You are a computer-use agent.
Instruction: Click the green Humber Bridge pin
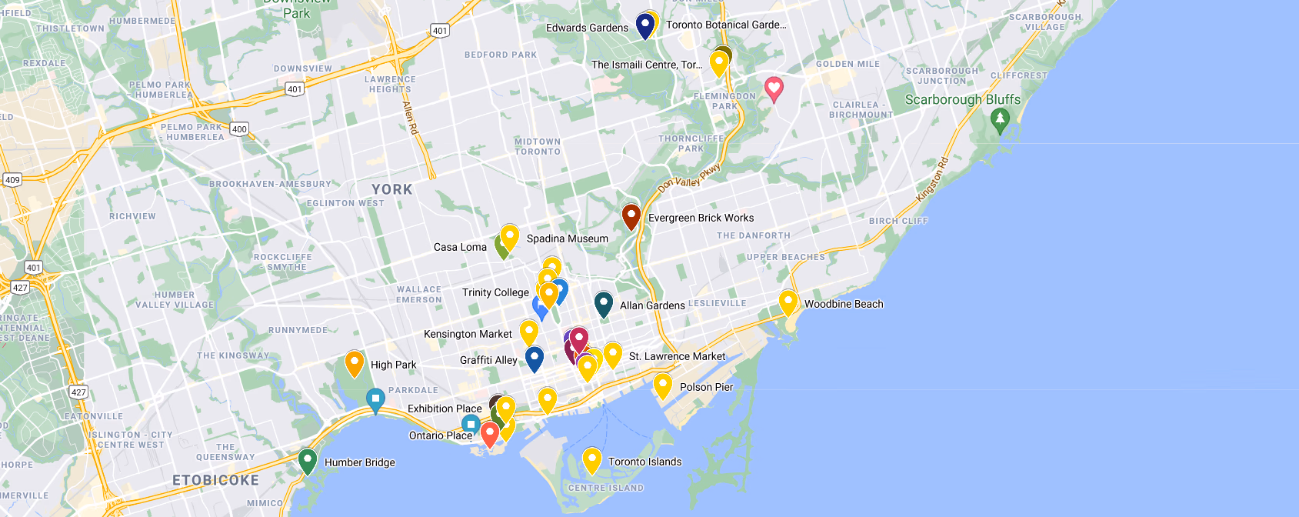point(308,460)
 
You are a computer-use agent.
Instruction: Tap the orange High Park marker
point(354,362)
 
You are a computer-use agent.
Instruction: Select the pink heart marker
point(774,88)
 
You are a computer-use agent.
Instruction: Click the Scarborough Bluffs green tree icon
point(1000,119)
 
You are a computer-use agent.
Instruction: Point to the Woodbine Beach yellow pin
point(788,302)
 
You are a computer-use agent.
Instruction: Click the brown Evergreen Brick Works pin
point(631,215)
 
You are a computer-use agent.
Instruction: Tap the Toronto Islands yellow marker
point(591,459)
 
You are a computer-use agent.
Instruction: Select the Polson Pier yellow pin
point(663,385)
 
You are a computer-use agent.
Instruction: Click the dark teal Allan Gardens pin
point(604,303)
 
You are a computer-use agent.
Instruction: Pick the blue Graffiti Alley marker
point(535,358)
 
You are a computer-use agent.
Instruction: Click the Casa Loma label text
point(460,247)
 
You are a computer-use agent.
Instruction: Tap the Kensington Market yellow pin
point(529,332)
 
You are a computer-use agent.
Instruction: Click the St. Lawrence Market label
point(677,356)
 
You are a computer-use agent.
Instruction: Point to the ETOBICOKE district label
point(215,480)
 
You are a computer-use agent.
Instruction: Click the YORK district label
point(392,189)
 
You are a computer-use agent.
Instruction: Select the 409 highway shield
point(12,180)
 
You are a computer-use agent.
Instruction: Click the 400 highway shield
point(239,129)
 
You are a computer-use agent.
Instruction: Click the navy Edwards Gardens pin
point(645,25)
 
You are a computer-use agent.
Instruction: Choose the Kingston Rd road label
point(933,178)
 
